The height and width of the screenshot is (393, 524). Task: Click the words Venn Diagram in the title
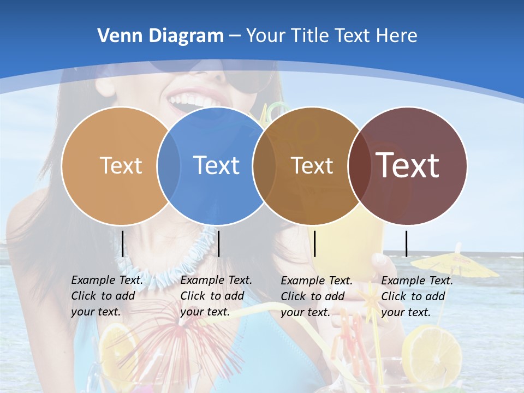(160, 36)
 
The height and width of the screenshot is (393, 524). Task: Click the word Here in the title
(397, 36)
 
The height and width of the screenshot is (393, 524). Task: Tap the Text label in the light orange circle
(121, 165)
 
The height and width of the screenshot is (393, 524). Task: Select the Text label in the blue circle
(217, 165)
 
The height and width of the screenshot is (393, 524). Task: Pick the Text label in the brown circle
(312, 165)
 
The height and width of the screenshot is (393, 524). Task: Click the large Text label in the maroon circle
(408, 165)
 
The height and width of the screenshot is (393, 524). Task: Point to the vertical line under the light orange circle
(123, 243)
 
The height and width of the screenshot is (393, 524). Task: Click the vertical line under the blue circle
(218, 243)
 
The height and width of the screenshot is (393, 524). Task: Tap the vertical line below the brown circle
(315, 243)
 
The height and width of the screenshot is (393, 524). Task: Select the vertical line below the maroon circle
(406, 243)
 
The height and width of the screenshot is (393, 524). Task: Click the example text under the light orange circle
(107, 296)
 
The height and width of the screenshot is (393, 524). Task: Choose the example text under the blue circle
(216, 296)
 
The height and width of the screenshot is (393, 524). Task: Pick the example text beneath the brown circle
(317, 296)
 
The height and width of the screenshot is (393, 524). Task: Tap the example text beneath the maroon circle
(417, 296)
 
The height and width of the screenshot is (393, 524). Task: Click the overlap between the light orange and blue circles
(169, 165)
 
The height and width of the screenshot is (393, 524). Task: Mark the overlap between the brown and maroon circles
(359, 165)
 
